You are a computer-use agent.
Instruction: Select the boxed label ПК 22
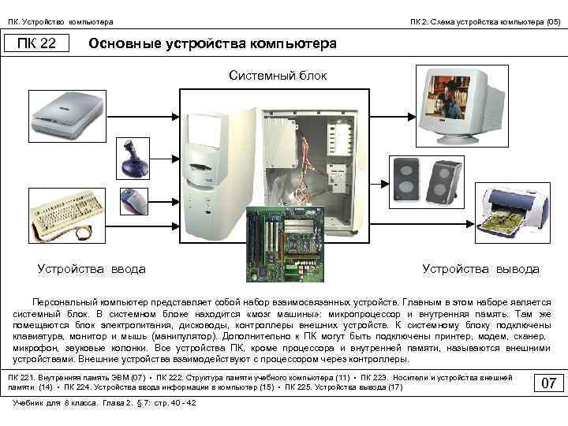pyautogui.click(x=37, y=43)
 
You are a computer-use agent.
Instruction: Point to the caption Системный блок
pyautogui.click(x=277, y=76)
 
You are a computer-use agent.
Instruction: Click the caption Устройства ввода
pyautogui.click(x=92, y=269)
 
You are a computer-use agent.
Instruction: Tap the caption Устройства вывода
pyautogui.click(x=480, y=269)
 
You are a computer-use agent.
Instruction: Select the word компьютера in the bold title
pyautogui.click(x=293, y=43)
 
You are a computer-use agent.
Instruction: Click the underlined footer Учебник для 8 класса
pyautogui.click(x=55, y=403)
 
